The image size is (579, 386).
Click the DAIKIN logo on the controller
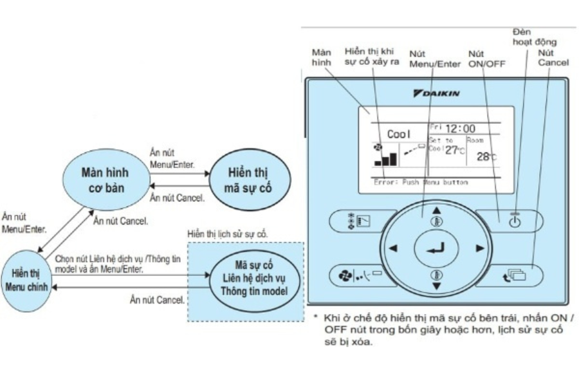tap(437, 94)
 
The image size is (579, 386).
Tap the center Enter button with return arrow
tap(436, 248)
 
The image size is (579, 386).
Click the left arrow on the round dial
tap(393, 248)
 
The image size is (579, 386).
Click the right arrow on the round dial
tap(479, 248)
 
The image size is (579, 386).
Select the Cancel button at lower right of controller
tap(515, 275)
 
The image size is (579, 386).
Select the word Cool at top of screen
tap(400, 134)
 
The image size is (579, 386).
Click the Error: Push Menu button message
tap(421, 182)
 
